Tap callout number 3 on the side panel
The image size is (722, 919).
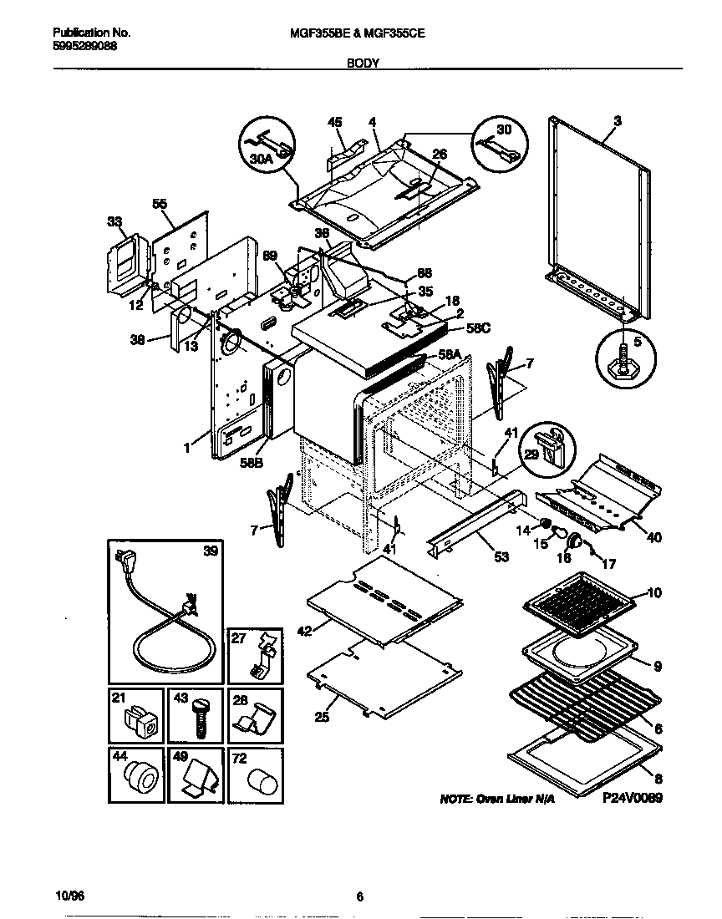618,122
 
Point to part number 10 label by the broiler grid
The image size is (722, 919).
654,593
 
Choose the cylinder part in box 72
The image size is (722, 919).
257,784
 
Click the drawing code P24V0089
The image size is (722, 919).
632,799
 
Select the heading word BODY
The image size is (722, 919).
362,62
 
